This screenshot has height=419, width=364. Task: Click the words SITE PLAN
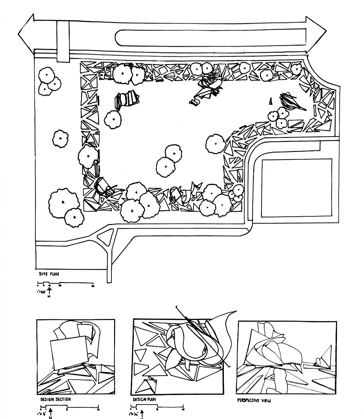pyautogui.click(x=49, y=274)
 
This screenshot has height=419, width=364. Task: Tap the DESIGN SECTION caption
pyautogui.click(x=55, y=399)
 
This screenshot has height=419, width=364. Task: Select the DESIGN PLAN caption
pyautogui.click(x=144, y=399)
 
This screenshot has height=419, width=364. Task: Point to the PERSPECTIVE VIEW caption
pyautogui.click(x=254, y=400)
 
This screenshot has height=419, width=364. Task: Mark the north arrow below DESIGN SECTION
pyautogui.click(x=50, y=412)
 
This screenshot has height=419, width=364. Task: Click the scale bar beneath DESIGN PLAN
pyautogui.click(x=157, y=407)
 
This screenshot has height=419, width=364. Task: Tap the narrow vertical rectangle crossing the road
pyautogui.click(x=62, y=41)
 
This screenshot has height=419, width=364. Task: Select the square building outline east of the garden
pyautogui.click(x=297, y=188)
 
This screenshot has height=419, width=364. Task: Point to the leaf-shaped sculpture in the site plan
pyautogui.click(x=292, y=102)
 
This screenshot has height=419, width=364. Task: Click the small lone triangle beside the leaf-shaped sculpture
pyautogui.click(x=271, y=101)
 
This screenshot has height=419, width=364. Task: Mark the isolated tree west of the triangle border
pyautogui.click(x=60, y=139)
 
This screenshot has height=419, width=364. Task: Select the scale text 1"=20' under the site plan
pyautogui.click(x=41, y=292)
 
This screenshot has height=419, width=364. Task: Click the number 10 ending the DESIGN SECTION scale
pyautogui.click(x=98, y=409)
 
